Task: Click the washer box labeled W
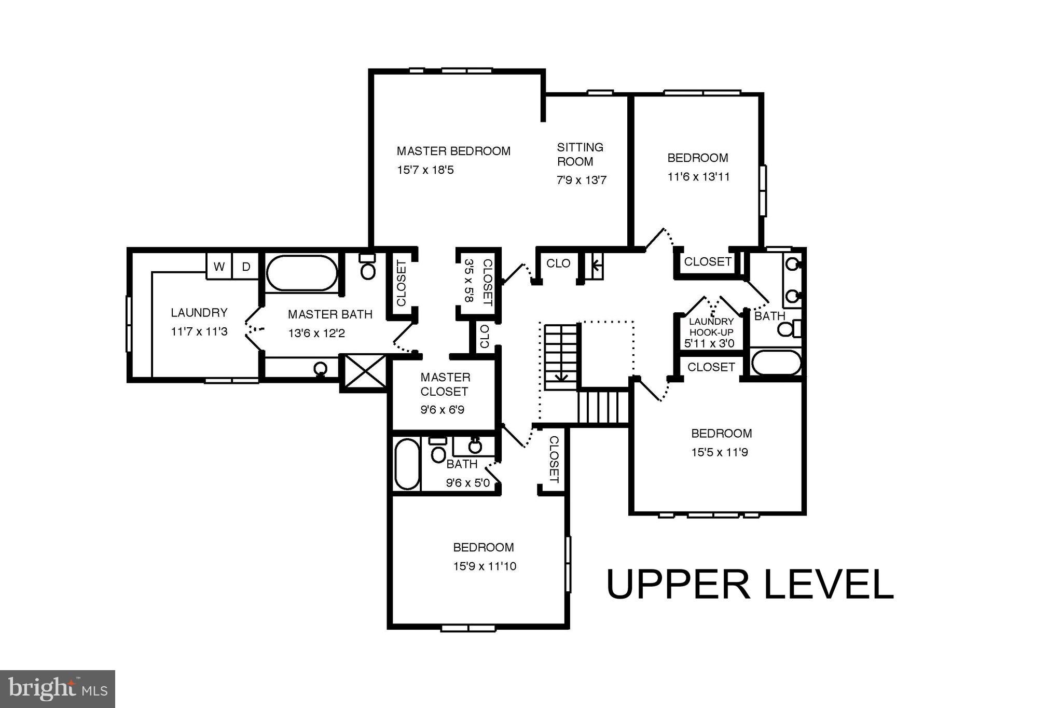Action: pos(219,267)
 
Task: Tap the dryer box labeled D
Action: pos(246,267)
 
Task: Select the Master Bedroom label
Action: pos(453,151)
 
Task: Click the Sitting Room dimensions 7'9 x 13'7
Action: pos(582,181)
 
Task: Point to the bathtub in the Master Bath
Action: pos(302,273)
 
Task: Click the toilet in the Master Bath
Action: pos(368,268)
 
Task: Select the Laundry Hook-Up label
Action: pos(711,326)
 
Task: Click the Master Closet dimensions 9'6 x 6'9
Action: pos(442,410)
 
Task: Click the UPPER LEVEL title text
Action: pos(749,585)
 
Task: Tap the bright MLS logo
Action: pos(57,688)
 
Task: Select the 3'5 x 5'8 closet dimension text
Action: pos(470,281)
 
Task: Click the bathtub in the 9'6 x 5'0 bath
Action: pos(407,464)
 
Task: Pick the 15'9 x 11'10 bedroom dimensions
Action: pos(485,566)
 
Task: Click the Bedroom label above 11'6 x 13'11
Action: pos(697,158)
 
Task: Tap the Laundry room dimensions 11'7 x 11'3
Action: pos(199,331)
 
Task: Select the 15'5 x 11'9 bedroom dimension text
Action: pos(719,452)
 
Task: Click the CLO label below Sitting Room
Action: pos(558,263)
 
